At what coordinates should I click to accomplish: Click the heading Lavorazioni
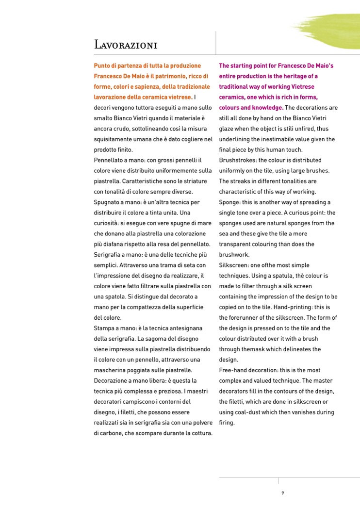(125, 45)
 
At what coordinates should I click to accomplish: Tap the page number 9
(282, 493)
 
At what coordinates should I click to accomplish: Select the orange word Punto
(102, 66)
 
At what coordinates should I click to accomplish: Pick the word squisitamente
(113, 139)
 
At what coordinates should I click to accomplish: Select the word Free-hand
(233, 370)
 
